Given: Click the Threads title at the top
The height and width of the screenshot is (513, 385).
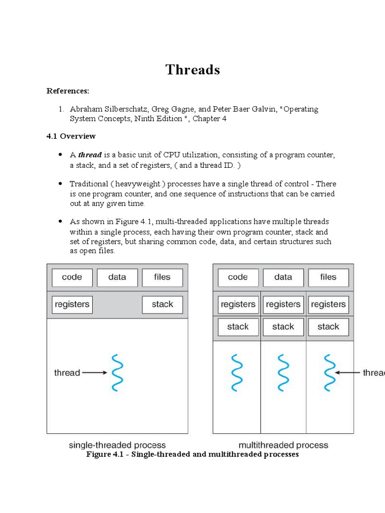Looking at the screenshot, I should (192, 70).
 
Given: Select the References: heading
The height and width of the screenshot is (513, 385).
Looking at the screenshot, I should (68, 91).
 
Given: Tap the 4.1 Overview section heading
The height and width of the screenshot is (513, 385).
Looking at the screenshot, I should (71, 136).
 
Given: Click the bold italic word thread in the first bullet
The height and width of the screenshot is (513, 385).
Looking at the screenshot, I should (90, 155).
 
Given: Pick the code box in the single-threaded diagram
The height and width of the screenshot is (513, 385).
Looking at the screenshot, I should (72, 278).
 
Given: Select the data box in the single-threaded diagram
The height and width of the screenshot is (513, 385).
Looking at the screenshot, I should (117, 278).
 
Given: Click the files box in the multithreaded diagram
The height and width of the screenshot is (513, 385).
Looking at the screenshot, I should (328, 278).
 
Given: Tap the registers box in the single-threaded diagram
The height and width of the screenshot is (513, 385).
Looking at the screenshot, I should (72, 305).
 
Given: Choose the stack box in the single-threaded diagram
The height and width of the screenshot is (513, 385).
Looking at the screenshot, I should (162, 305).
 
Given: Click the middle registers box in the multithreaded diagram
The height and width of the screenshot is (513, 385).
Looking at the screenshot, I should (283, 305).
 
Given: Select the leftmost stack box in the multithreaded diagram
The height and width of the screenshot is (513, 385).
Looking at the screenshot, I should (238, 327).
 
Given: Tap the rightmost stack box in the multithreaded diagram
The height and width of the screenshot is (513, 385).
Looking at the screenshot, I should (328, 327).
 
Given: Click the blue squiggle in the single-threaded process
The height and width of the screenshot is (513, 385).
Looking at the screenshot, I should (117, 372).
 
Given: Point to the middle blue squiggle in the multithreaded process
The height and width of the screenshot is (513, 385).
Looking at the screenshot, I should (283, 372).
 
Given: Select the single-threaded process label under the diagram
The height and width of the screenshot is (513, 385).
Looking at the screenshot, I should (117, 445).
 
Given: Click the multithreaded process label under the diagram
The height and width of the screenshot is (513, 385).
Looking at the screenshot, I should (283, 445).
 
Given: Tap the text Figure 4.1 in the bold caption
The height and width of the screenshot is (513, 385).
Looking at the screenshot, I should (105, 454).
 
